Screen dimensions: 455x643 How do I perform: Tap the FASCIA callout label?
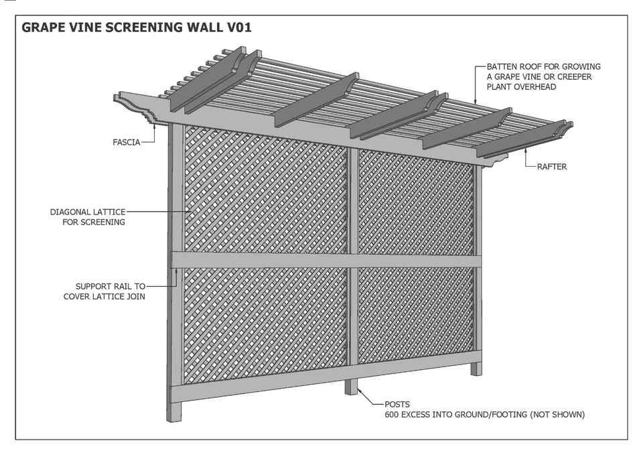pos(127,142)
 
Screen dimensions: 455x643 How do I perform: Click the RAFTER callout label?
pos(551,166)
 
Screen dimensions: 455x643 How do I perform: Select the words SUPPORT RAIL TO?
pos(110,286)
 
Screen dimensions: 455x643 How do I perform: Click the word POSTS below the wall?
pos(397,405)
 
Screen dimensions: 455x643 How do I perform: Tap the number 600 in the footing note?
pos(392,415)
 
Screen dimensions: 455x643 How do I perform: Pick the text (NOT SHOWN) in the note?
pos(557,415)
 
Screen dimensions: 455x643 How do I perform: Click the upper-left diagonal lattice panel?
pos(265,191)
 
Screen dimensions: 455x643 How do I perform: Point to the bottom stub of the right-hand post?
pos(476,368)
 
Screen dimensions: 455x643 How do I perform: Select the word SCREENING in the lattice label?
pos(102,222)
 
